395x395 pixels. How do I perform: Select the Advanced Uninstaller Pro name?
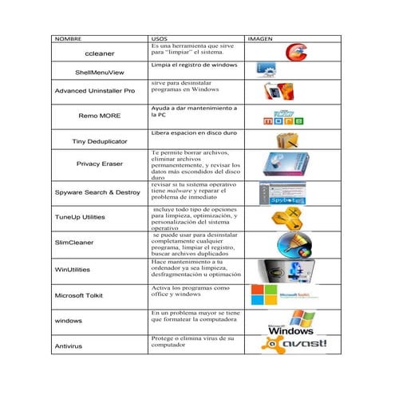pyautogui.click(x=94, y=91)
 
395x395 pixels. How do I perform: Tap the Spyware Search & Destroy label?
pyautogui.click(x=97, y=192)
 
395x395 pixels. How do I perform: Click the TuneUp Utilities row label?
pyautogui.click(x=79, y=217)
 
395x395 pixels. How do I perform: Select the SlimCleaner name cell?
pyautogui.click(x=74, y=243)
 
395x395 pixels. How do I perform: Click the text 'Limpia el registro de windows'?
pyautogui.click(x=194, y=64)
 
